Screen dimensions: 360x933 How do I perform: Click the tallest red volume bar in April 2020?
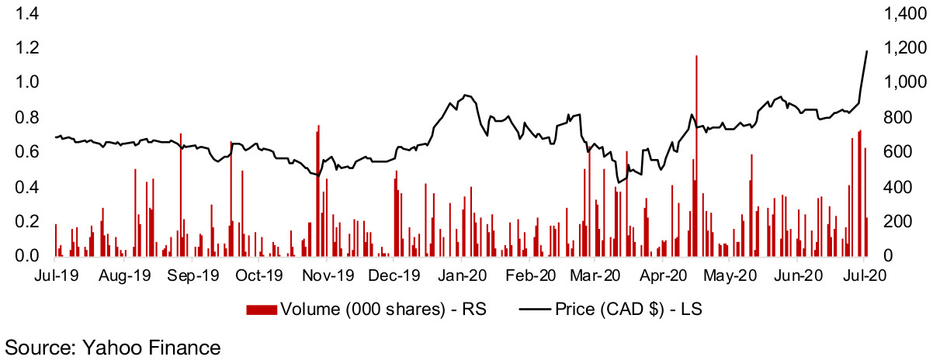click(x=696, y=155)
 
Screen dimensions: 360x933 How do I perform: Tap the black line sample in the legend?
click(x=531, y=310)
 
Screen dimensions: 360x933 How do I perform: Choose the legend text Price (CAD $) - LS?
click(x=629, y=310)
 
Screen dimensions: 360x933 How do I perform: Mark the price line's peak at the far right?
click(x=867, y=51)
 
